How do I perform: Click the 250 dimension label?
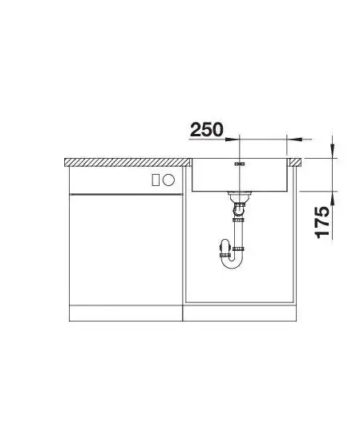pos(207,130)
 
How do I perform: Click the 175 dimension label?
pos(322,222)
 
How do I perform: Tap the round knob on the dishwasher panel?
pos(168,180)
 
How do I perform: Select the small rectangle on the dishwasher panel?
pos(156,180)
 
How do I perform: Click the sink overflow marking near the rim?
pos(240,164)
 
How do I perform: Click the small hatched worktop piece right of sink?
pos(295,162)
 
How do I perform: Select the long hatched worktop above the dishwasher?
pos(127,162)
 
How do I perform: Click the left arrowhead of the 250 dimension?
pos(232,139)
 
